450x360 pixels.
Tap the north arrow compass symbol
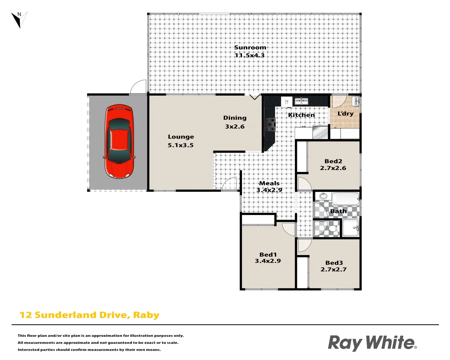tap(19, 20)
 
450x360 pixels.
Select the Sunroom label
tap(250, 48)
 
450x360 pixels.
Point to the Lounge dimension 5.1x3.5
tap(180, 145)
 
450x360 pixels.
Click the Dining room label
tap(235, 118)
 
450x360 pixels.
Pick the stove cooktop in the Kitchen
tap(270, 124)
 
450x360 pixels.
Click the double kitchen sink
tap(301, 101)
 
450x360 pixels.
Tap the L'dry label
tap(345, 114)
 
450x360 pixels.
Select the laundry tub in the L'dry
tap(355, 101)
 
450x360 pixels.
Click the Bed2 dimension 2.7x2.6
tap(333, 168)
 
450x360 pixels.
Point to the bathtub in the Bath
tap(345, 199)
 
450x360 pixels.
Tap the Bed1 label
tap(268, 255)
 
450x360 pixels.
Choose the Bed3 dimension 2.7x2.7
tap(333, 270)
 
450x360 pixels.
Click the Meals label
tap(269, 183)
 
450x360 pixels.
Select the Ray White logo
tap(372, 343)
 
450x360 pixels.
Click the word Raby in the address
tap(146, 315)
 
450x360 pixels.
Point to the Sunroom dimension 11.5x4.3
tap(250, 56)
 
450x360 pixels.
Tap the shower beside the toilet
tap(351, 228)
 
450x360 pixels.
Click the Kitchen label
tap(301, 115)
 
